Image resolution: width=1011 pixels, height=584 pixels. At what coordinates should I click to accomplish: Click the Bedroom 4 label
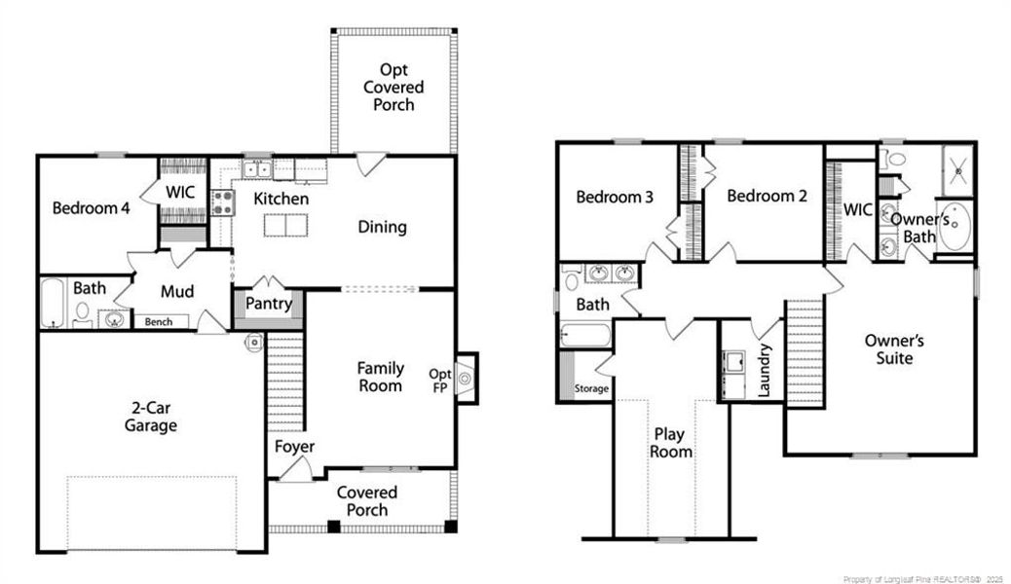point(91,208)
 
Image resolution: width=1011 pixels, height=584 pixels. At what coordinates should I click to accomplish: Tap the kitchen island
point(285,226)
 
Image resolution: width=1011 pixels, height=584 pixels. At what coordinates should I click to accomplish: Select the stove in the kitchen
point(222,202)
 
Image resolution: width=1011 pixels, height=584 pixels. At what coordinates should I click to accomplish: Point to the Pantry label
point(269,303)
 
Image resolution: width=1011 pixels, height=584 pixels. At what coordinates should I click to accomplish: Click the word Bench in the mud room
point(159,321)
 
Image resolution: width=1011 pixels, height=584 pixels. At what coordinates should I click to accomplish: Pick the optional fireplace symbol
point(466,379)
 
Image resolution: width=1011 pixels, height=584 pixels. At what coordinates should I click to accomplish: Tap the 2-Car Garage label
point(151,417)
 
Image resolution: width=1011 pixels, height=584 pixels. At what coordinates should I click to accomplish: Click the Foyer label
point(295,447)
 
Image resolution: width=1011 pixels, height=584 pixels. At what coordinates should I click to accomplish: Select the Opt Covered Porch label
point(393,87)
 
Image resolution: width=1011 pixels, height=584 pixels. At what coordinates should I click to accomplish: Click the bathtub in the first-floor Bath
point(54,303)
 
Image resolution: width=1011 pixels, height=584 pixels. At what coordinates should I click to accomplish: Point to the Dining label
point(383,227)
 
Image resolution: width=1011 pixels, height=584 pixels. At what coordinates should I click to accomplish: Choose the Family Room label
point(381,377)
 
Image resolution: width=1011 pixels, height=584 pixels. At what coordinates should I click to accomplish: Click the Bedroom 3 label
point(615,197)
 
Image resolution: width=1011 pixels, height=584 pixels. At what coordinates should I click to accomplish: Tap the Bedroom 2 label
point(767,196)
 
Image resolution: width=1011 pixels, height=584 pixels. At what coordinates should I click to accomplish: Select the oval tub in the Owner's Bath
point(955,226)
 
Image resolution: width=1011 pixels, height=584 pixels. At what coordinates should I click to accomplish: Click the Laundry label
point(764,370)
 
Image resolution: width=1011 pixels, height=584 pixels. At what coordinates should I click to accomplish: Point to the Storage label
point(591,388)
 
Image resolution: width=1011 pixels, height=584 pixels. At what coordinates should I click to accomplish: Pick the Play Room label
point(670,443)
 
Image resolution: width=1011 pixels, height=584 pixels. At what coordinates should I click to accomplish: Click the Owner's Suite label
point(894,348)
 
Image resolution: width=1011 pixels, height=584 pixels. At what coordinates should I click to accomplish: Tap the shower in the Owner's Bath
point(958,170)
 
